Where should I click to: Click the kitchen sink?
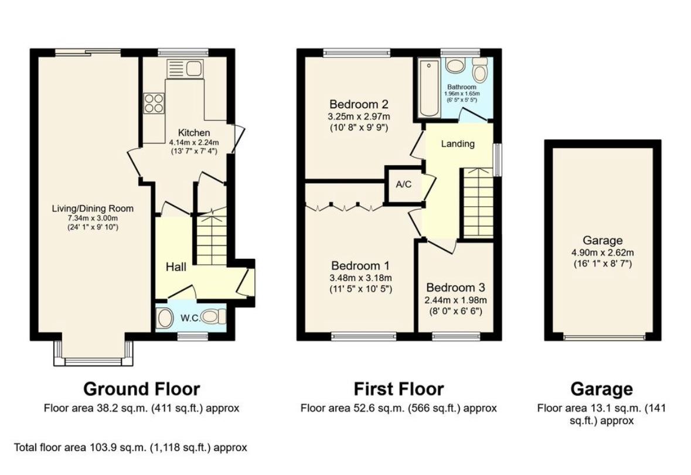[185, 69]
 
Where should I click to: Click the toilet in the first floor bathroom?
[479, 70]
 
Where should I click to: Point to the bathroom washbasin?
[454, 66]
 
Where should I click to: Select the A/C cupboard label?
[403, 184]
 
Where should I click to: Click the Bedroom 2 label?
[359, 104]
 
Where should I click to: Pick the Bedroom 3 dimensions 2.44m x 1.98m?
[455, 300]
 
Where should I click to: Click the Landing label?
[458, 144]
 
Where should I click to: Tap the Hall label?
[176, 266]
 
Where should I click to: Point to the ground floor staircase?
[212, 239]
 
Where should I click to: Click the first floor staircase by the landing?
[477, 203]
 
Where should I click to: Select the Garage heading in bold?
[601, 389]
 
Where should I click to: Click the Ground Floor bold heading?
[141, 389]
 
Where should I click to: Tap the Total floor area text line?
[131, 447]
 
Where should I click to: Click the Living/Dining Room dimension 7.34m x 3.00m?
[93, 218]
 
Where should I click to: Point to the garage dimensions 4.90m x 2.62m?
[603, 252]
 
